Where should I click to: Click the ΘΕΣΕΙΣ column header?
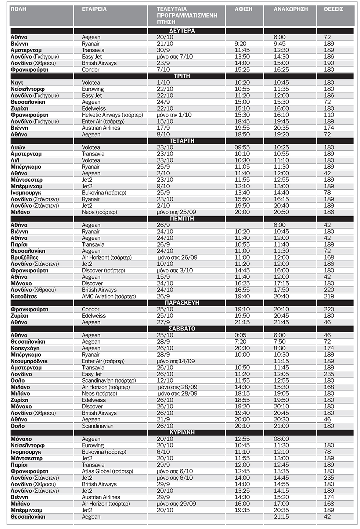pos(333,9)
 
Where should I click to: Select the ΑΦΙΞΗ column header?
pos(244,9)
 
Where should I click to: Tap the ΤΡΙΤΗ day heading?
pos(182,76)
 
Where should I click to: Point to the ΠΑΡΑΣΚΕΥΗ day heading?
pos(182,303)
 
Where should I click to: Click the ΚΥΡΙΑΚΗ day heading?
pos(182,432)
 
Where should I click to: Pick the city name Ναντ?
pos(17,83)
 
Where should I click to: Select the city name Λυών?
pos(18,147)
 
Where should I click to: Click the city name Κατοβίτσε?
pos(24,296)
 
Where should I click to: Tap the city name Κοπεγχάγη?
pos(25,348)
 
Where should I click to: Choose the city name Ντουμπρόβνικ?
pos(29,361)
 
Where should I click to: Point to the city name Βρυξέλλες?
pos(25,257)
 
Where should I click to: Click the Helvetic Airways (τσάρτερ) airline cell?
pos(112,115)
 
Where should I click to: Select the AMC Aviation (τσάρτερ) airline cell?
pos(109,296)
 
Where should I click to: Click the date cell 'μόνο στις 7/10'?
pos(174,57)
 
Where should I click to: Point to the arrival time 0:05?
pos(240,335)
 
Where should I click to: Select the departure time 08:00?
pos(281,439)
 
